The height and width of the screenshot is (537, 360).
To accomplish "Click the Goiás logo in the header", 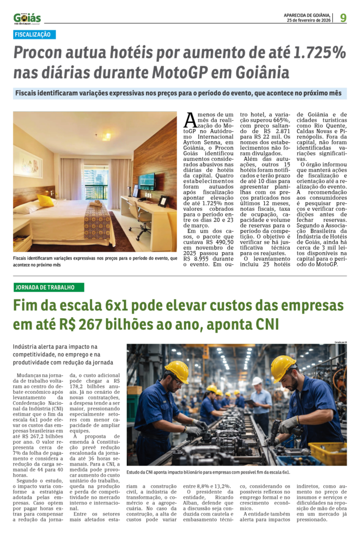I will [27, 18].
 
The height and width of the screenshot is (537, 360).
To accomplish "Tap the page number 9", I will [343, 18].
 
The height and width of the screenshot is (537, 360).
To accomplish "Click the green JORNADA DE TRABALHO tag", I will [49, 287].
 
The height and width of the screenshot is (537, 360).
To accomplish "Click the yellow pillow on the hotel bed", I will [46, 200].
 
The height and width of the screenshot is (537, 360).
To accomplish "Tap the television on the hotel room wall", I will [147, 181].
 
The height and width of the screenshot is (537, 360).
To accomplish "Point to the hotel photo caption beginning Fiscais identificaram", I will [94, 262].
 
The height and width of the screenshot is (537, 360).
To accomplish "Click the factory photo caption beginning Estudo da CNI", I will [208, 472].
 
